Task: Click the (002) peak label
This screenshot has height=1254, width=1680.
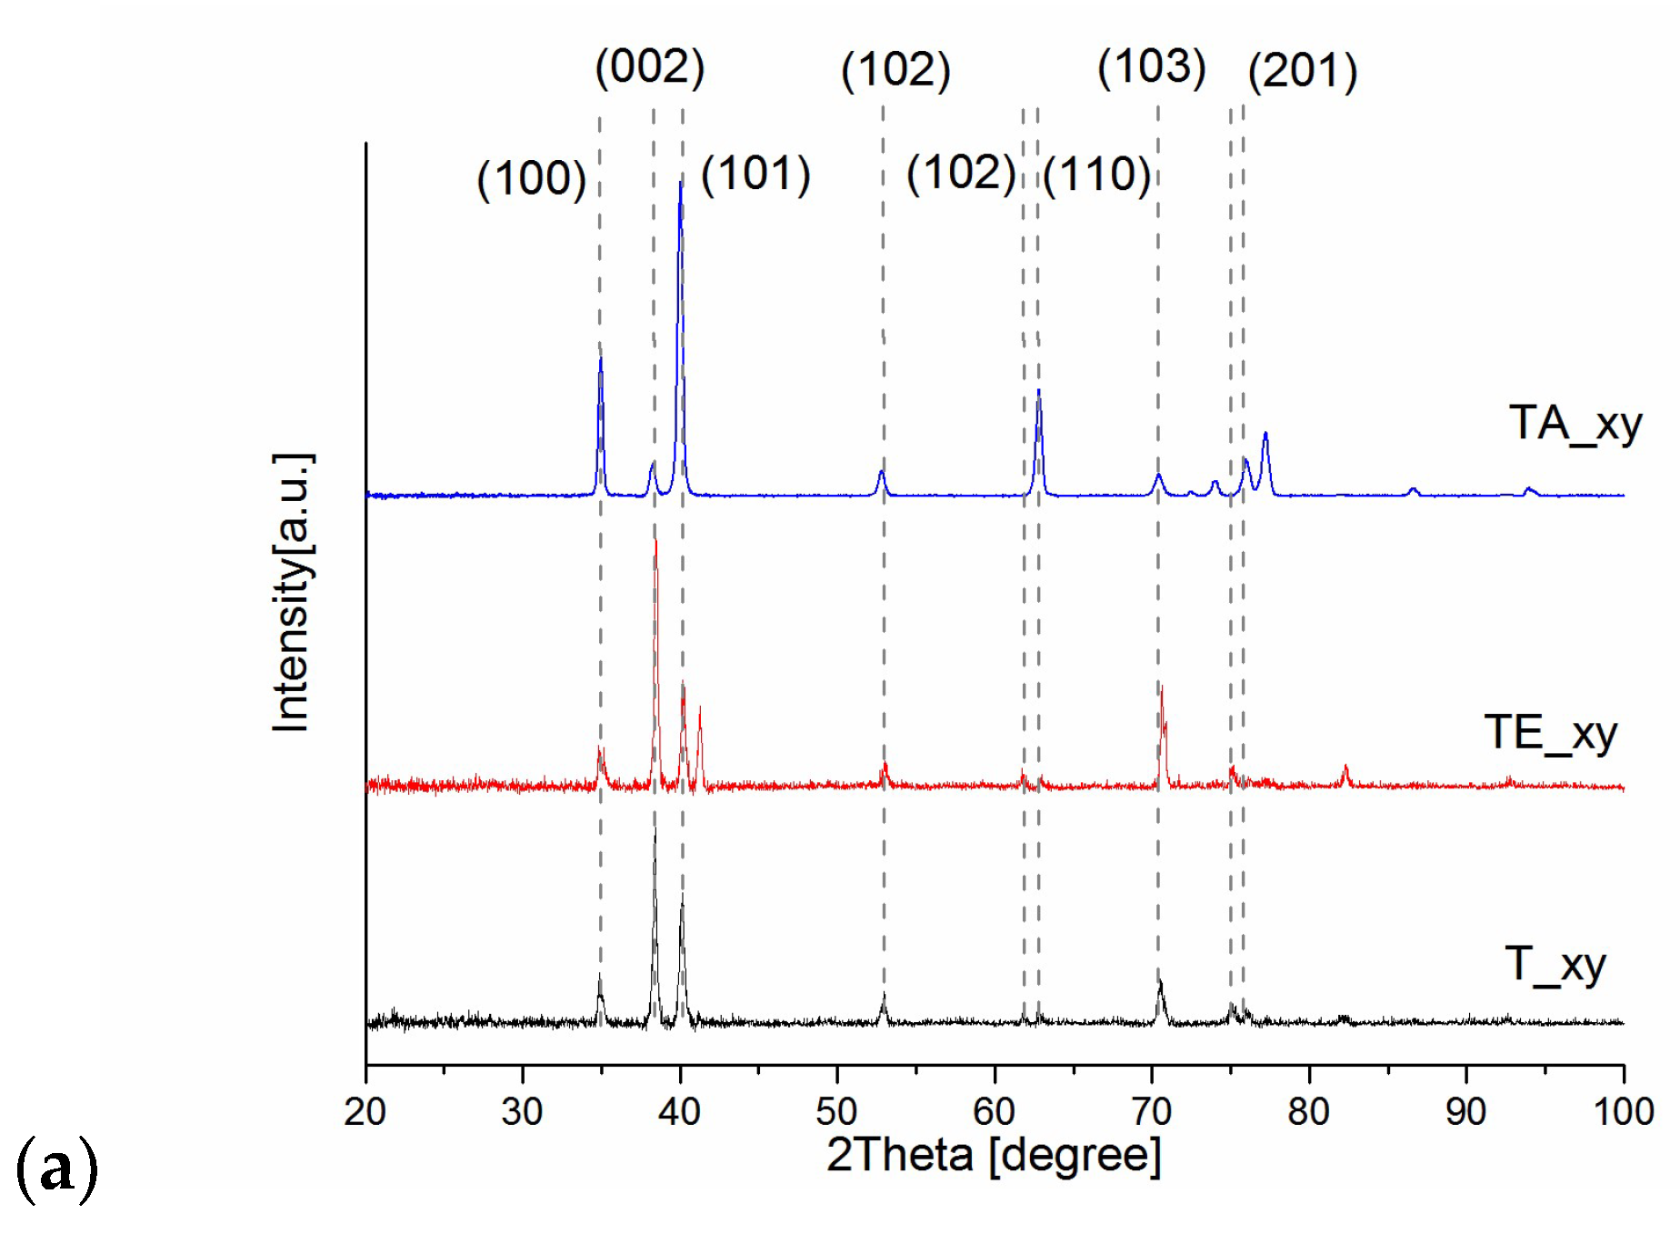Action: [x=649, y=67]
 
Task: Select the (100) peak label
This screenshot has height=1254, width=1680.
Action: [x=532, y=178]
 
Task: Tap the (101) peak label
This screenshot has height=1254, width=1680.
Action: [x=755, y=174]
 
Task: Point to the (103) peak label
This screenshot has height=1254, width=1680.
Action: [x=1152, y=67]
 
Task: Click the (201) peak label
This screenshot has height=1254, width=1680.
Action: [x=1303, y=71]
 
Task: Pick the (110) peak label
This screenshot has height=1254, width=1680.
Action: [x=1097, y=175]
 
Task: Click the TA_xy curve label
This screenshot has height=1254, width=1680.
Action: [x=1575, y=424]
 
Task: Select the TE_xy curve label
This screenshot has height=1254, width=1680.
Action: [x=1550, y=733]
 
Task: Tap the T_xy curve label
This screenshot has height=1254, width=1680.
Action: [x=1555, y=965]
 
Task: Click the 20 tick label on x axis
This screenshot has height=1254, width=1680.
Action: [x=365, y=1111]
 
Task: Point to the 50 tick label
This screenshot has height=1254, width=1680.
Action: [x=836, y=1111]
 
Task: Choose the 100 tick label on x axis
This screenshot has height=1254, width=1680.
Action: [x=1623, y=1111]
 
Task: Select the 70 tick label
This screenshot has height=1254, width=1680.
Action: [x=1151, y=1111]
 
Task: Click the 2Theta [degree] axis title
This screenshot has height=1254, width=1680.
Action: [x=994, y=1156]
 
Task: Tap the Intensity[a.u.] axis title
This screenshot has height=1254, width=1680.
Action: [x=292, y=592]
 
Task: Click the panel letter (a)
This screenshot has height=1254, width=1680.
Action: [x=56, y=1169]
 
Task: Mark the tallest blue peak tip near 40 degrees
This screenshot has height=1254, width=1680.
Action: [x=680, y=183]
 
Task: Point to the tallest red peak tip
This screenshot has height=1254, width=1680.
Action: [x=655, y=540]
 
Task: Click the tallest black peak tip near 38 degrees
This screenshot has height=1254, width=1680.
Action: [x=655, y=829]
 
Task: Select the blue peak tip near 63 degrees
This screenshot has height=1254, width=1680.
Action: [x=1038, y=391]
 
